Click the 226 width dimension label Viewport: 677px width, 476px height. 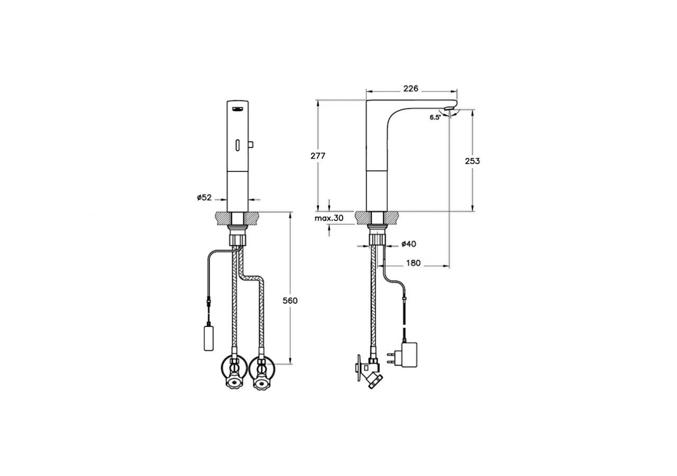411,88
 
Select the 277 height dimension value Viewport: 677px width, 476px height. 318,155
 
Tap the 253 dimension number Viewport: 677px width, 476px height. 472,161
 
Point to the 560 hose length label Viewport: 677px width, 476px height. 290,301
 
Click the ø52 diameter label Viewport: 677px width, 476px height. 204,198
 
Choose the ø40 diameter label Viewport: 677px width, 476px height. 409,244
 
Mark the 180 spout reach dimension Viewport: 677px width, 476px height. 413,263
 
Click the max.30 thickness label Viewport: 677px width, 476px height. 329,218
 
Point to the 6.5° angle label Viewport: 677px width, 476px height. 435,118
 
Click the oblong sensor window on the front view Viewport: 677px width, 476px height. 237,145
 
